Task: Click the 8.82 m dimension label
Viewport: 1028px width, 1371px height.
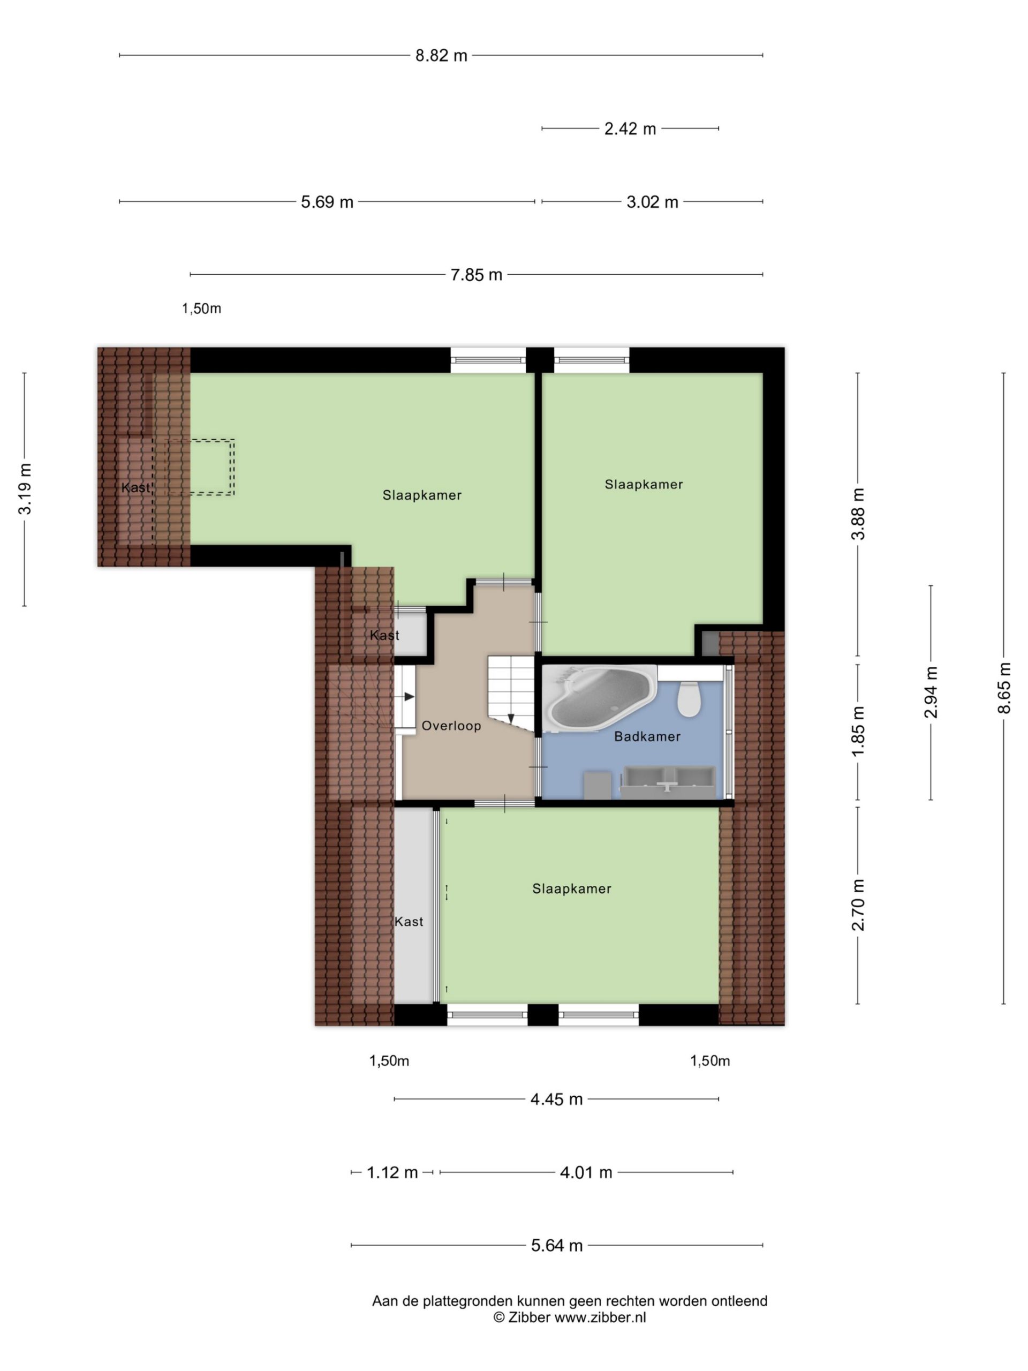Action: click(441, 56)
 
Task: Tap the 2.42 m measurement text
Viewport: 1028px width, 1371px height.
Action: click(630, 129)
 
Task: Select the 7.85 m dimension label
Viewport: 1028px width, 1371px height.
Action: click(476, 275)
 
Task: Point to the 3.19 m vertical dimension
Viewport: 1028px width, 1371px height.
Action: click(25, 488)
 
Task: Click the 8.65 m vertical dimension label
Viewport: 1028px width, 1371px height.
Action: click(1004, 688)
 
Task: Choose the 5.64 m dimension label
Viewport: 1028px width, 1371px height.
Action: click(556, 1246)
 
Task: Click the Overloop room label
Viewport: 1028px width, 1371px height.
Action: click(451, 726)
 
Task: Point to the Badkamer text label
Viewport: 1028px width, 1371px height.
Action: click(647, 736)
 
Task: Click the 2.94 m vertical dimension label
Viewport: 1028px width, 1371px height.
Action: click(931, 692)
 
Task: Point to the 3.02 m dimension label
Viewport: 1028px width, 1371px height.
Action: click(652, 202)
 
